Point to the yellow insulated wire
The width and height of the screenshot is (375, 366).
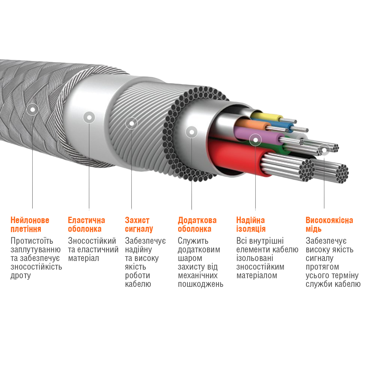[267, 117]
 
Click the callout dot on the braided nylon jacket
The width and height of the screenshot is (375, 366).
[33, 109]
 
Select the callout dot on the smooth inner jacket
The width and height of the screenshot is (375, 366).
[89, 117]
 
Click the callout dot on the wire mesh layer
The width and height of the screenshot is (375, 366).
[131, 123]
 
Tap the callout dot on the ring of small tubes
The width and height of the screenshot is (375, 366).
[192, 132]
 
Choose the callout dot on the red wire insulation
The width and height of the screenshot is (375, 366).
[255, 140]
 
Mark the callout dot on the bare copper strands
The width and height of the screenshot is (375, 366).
[324, 150]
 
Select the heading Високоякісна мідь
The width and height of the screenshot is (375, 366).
[329, 224]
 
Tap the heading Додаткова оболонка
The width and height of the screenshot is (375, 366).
[197, 224]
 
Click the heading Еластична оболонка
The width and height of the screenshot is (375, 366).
[86, 224]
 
